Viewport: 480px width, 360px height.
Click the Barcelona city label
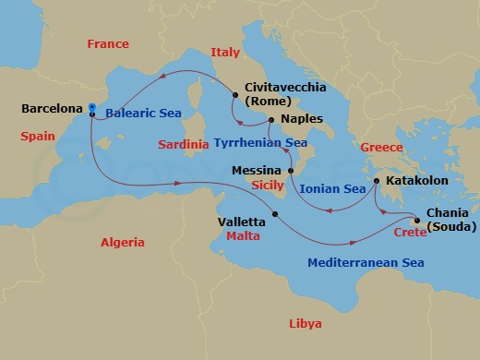pyautogui.click(x=50, y=109)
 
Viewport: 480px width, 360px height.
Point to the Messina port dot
pyautogui.click(x=290, y=171)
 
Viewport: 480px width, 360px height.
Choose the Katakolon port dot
pyautogui.click(x=378, y=181)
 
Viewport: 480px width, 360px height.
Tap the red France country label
pyautogui.click(x=106, y=44)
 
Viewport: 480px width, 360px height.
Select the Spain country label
pyautogui.click(x=38, y=137)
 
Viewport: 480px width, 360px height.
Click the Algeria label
pyautogui.click(x=122, y=242)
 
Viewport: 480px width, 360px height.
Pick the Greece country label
pyautogui.click(x=382, y=147)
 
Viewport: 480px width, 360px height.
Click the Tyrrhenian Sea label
pyautogui.click(x=260, y=143)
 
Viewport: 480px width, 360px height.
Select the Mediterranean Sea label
pyautogui.click(x=366, y=263)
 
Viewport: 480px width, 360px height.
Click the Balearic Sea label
pyautogui.click(x=143, y=114)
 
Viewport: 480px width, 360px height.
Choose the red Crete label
pyautogui.click(x=410, y=233)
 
